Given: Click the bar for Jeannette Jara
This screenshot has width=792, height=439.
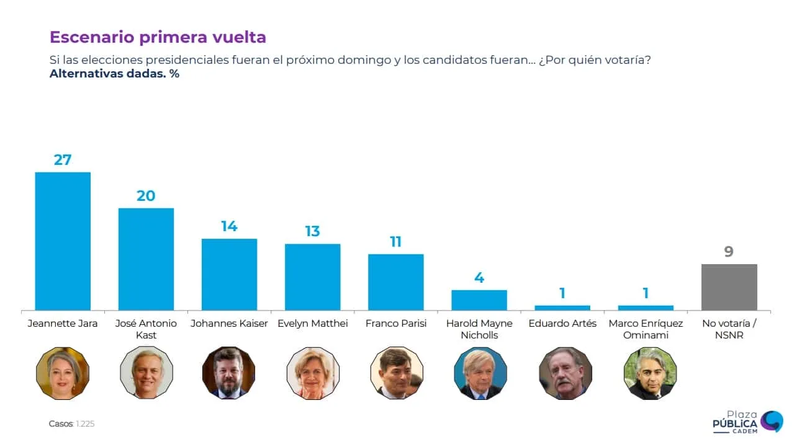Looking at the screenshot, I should click(63, 241).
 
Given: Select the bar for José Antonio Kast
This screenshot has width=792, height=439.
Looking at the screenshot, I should click(146, 259).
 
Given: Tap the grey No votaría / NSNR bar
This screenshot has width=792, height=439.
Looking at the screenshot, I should click(729, 287).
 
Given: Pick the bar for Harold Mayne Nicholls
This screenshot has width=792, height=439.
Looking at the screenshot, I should click(479, 300).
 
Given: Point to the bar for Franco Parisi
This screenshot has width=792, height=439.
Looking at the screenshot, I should click(395, 282).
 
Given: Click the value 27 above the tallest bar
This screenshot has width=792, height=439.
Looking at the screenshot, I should click(63, 159).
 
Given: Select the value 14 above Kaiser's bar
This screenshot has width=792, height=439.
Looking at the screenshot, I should click(229, 226).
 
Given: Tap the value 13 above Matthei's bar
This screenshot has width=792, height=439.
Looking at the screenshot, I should click(312, 231).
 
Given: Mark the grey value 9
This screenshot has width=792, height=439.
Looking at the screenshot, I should click(729, 252).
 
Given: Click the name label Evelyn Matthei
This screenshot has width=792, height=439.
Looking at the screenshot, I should click(312, 324).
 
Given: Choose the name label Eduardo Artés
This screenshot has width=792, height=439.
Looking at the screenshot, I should click(562, 324).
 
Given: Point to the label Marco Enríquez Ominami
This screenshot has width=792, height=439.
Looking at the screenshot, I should click(646, 329).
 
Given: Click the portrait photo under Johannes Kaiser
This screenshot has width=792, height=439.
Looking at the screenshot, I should click(229, 373).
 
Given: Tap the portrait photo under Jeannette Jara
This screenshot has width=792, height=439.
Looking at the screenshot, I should click(63, 373).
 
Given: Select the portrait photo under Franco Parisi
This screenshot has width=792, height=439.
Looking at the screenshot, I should click(396, 373).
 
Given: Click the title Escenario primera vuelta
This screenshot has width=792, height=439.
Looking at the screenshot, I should click(158, 37).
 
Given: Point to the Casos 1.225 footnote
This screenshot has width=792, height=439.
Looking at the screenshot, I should click(71, 424).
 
